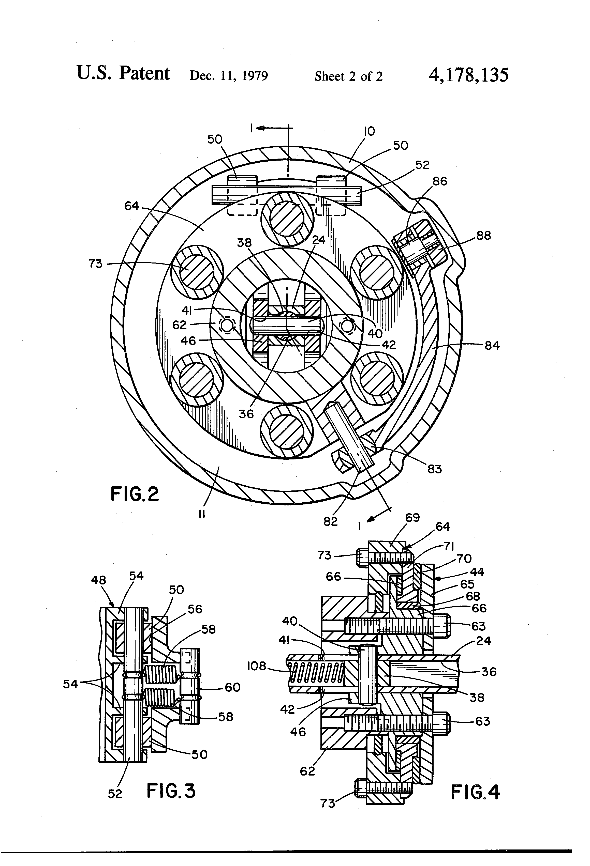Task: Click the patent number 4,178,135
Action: (468, 75)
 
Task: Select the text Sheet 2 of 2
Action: (348, 76)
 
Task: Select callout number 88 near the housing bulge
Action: (483, 236)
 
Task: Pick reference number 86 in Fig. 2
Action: (440, 181)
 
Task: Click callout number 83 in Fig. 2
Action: (434, 469)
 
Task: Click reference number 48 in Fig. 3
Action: (98, 580)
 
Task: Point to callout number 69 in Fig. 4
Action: (412, 518)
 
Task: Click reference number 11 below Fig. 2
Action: (202, 514)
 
